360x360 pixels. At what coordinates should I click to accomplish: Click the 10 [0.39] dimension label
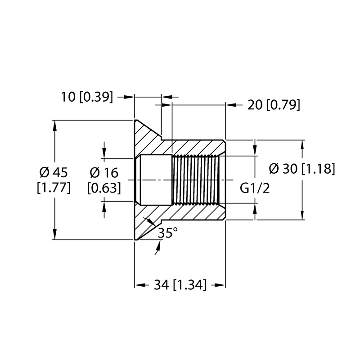click(87, 97)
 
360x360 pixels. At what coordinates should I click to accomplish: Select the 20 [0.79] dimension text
click(274, 105)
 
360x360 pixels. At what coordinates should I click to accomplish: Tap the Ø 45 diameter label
click(54, 172)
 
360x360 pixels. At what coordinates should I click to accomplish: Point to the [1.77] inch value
click(54, 188)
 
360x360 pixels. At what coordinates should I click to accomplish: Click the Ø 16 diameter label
click(104, 173)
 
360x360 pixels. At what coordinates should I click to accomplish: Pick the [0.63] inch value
click(104, 188)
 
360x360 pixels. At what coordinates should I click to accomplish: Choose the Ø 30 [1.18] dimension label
click(302, 169)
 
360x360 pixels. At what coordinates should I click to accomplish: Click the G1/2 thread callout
click(255, 188)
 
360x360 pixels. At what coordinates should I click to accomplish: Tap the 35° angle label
click(168, 233)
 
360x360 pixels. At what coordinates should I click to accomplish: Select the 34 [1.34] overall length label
click(180, 285)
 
